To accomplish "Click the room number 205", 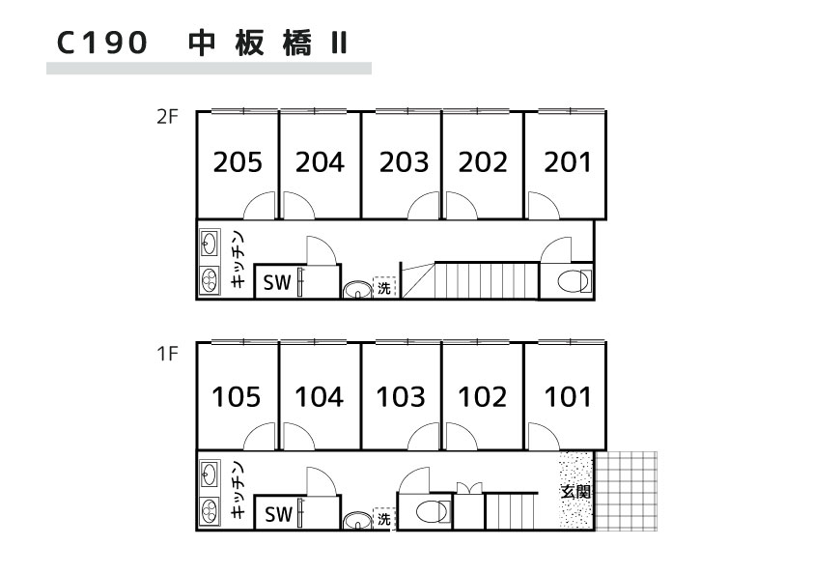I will [x=238, y=162].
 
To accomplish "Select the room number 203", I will [x=403, y=162].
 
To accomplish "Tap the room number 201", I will [x=567, y=162].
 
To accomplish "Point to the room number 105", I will [x=238, y=396].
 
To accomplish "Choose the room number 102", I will [x=483, y=396].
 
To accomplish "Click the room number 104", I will [x=320, y=396].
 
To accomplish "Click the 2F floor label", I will [x=167, y=118].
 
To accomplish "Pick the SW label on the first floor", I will [x=278, y=516].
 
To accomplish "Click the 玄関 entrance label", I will [x=576, y=491].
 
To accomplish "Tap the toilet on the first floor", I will [x=431, y=511].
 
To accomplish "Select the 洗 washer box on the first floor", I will [x=384, y=519].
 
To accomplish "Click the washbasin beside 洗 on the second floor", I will [x=357, y=288].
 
